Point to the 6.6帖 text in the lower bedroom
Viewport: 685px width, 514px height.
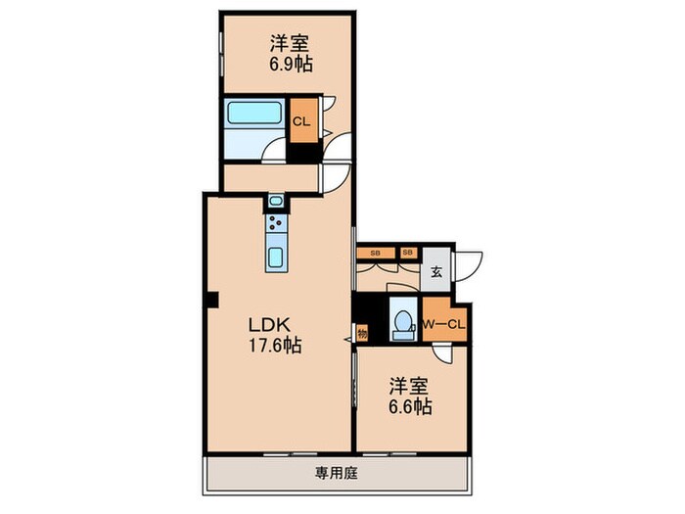(x=410, y=403)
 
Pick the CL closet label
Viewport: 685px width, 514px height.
(x=302, y=121)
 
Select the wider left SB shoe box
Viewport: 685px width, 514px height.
(x=376, y=254)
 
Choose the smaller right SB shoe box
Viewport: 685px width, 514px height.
(x=408, y=254)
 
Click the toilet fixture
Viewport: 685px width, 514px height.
(x=402, y=322)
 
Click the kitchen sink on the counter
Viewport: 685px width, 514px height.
(x=275, y=259)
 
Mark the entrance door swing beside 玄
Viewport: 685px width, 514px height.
(x=468, y=266)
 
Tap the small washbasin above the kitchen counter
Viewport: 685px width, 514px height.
(x=275, y=202)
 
